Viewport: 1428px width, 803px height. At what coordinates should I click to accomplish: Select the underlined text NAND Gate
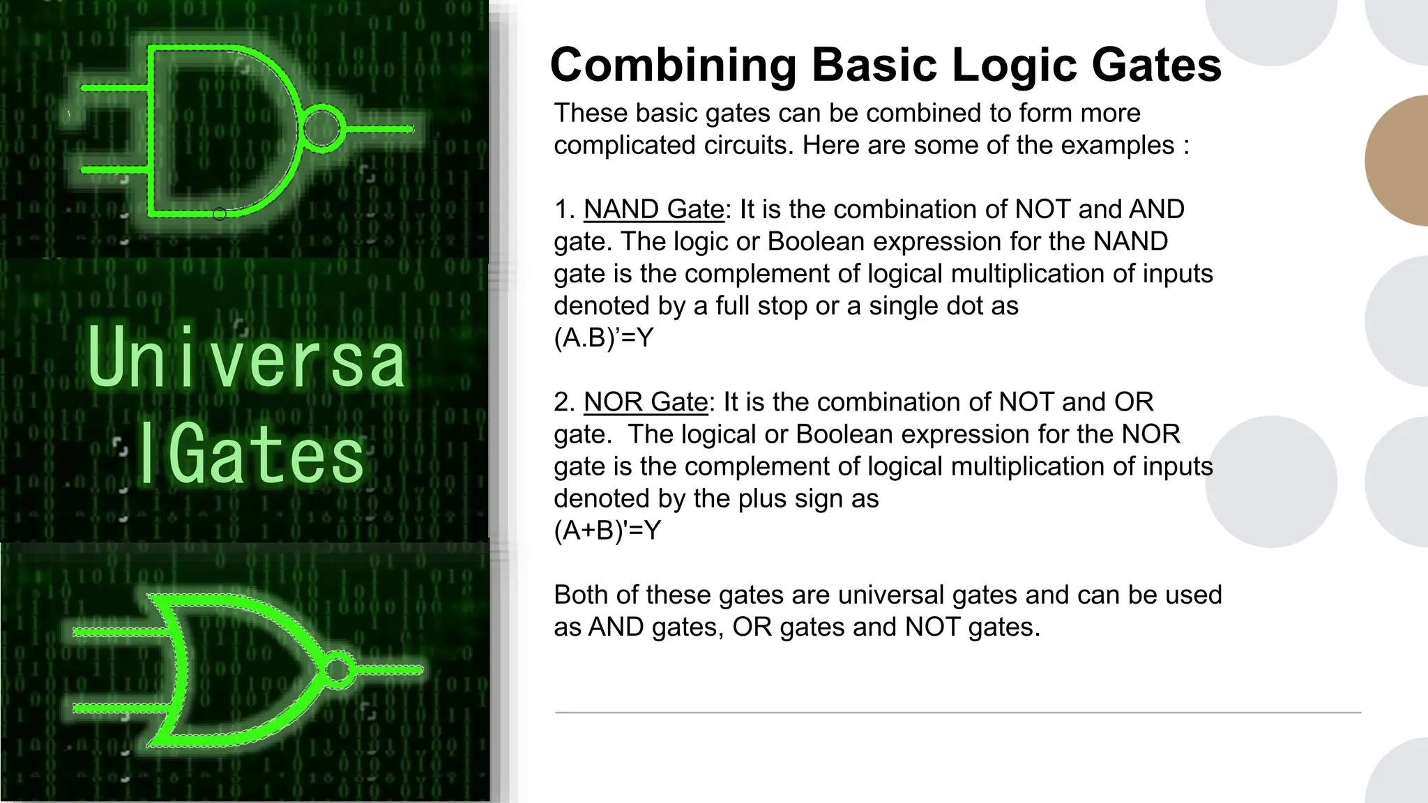(654, 209)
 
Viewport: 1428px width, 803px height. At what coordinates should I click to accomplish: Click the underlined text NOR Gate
(646, 402)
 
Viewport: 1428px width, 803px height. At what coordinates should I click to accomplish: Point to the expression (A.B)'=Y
(604, 338)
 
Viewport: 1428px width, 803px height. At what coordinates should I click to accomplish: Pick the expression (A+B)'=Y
(607, 531)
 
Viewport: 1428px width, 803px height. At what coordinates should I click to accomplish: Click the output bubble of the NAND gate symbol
(322, 129)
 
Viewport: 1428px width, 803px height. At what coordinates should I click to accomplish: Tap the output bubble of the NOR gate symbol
(338, 670)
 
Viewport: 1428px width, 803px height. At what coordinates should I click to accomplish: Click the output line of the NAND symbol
(380, 129)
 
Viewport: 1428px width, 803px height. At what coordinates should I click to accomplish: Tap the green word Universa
(247, 359)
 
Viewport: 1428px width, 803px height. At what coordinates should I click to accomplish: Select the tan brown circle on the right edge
(1402, 160)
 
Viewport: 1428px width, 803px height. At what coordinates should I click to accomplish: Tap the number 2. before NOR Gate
(564, 402)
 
